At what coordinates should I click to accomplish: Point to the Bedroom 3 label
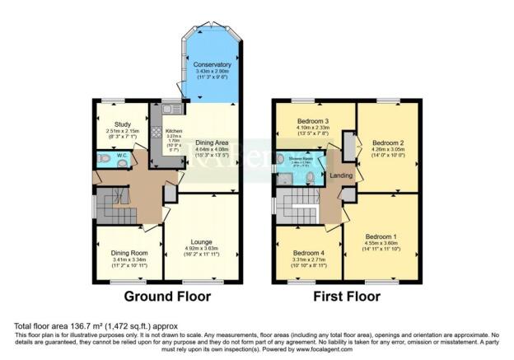[x=311, y=121]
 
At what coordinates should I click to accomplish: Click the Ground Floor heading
[x=167, y=296]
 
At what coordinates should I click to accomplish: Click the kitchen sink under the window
[x=171, y=109]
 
